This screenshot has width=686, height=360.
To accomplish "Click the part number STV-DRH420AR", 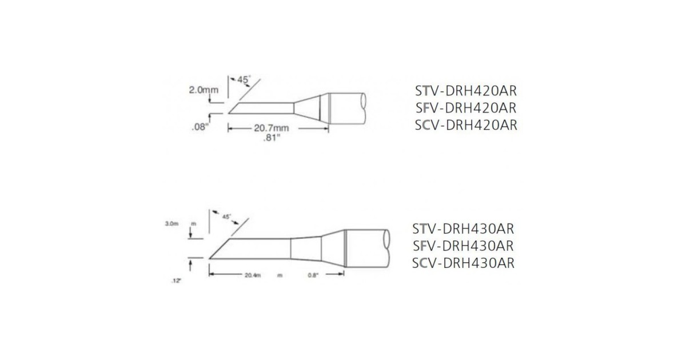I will [465, 91].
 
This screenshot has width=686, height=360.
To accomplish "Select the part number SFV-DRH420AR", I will [465, 108].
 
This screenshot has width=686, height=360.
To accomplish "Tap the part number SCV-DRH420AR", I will [465, 125].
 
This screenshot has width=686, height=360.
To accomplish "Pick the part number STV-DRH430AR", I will [463, 229].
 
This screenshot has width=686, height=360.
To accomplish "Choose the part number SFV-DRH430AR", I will [463, 246].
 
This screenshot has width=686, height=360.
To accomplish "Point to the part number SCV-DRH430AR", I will [463, 263].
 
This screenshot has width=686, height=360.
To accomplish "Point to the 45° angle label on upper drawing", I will [244, 81].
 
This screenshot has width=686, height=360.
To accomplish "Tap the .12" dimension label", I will [176, 281].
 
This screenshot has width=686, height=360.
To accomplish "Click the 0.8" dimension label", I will [313, 275].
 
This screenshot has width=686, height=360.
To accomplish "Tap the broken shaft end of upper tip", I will [364, 109].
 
